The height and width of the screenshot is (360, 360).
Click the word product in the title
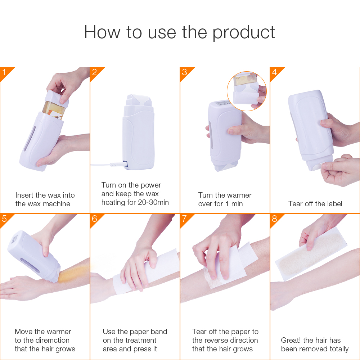243,32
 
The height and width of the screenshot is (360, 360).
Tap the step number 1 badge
4,72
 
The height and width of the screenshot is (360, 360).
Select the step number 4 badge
274,72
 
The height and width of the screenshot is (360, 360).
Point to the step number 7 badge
184,219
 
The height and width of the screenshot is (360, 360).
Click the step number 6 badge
94,219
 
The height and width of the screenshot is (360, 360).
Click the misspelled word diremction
52,340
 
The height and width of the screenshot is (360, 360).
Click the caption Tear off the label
315,204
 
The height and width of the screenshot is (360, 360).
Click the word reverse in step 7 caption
218,340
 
